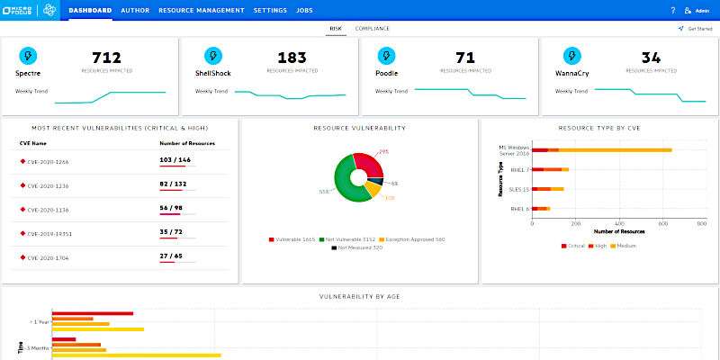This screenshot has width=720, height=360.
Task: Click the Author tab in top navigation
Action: tap(135, 11)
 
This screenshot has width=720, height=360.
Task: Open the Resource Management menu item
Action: tap(201, 11)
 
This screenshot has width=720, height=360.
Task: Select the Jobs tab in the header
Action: tap(304, 11)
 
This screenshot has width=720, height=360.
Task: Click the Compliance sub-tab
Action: tap(373, 29)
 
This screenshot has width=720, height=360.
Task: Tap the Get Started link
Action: tap(698, 29)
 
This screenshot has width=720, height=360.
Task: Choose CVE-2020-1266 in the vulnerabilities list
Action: tap(48, 161)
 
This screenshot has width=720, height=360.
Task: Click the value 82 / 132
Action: tap(174, 184)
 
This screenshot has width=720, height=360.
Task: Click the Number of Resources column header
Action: tap(188, 143)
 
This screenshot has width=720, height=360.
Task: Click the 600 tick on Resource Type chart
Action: tap(661, 222)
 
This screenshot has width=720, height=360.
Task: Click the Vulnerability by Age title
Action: tap(360, 297)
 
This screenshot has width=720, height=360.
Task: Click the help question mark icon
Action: tap(672, 11)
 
